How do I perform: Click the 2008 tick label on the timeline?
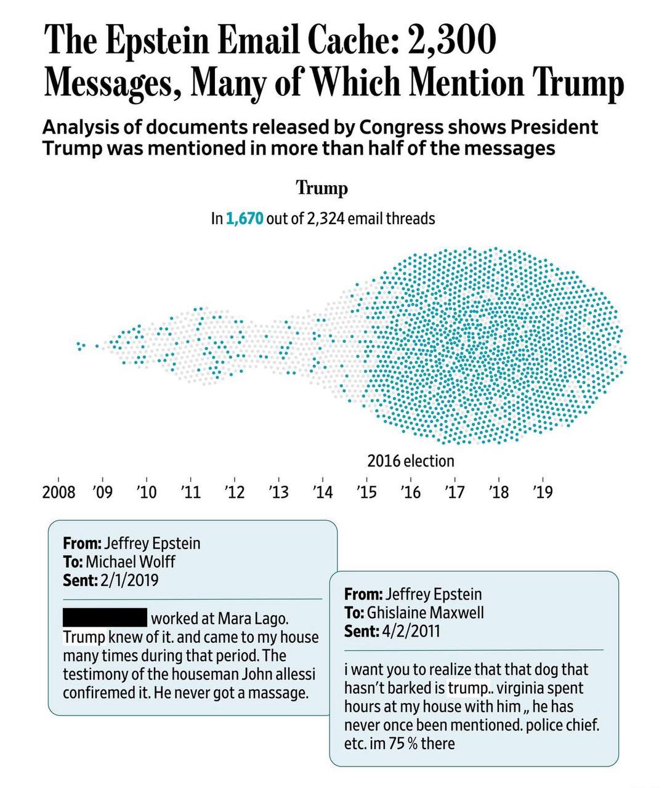click(59, 492)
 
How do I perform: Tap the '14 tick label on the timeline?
click(322, 492)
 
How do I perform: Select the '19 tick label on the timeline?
click(543, 492)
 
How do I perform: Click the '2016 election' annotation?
click(411, 461)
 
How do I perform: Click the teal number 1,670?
click(245, 219)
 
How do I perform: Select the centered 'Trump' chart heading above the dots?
click(322, 187)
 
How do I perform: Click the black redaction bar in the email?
click(105, 616)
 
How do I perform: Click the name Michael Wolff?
click(130, 561)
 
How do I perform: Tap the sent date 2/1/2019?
click(126, 580)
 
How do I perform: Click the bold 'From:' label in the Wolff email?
click(82, 543)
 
